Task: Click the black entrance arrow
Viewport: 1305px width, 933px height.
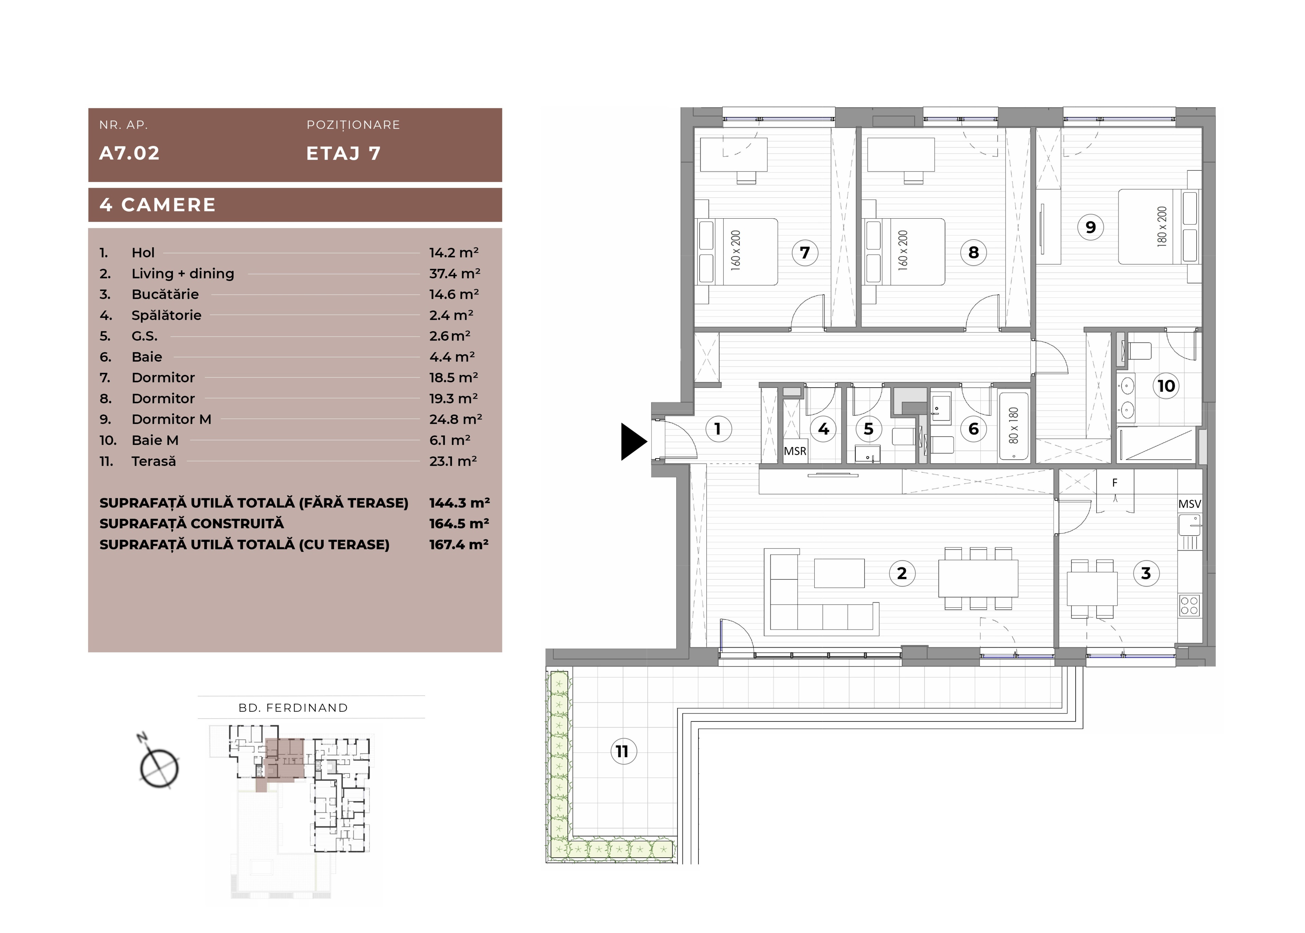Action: [x=632, y=441]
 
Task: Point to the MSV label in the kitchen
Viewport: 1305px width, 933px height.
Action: [x=1189, y=504]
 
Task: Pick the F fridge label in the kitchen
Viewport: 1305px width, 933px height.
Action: [x=1115, y=483]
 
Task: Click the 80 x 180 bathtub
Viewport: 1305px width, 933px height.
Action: [x=1013, y=425]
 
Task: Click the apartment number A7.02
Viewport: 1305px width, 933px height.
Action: [x=129, y=154]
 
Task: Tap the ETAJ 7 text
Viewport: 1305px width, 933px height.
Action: [x=343, y=154]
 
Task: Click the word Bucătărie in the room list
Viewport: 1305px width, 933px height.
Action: [x=165, y=294]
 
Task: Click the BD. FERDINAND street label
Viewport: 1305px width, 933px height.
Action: [x=293, y=708]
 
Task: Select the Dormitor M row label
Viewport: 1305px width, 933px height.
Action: [x=171, y=419]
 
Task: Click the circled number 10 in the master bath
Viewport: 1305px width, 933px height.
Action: [x=1166, y=385]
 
